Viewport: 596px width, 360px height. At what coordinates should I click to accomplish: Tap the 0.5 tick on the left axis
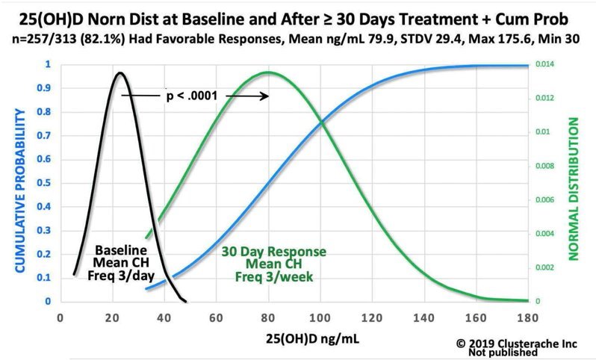tap(47, 183)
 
